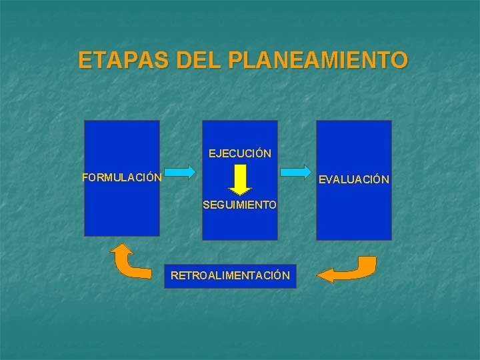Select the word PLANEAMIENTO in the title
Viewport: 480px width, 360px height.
point(317,61)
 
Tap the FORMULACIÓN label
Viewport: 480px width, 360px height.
point(121,178)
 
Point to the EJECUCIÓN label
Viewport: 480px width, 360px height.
point(239,153)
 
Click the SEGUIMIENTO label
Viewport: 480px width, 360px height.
point(239,205)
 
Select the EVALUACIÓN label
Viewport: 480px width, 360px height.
point(354,179)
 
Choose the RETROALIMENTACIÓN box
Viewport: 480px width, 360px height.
point(230,275)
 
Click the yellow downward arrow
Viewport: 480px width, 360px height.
point(239,179)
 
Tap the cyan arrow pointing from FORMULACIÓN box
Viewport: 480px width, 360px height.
point(179,173)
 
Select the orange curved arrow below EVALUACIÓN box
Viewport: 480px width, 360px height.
point(348,269)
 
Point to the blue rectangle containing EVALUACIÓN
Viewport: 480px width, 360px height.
point(354,213)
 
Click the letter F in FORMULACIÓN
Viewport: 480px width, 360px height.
point(85,178)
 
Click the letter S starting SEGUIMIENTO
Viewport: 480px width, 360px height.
point(206,205)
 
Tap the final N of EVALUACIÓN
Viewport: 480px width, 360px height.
point(385,180)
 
